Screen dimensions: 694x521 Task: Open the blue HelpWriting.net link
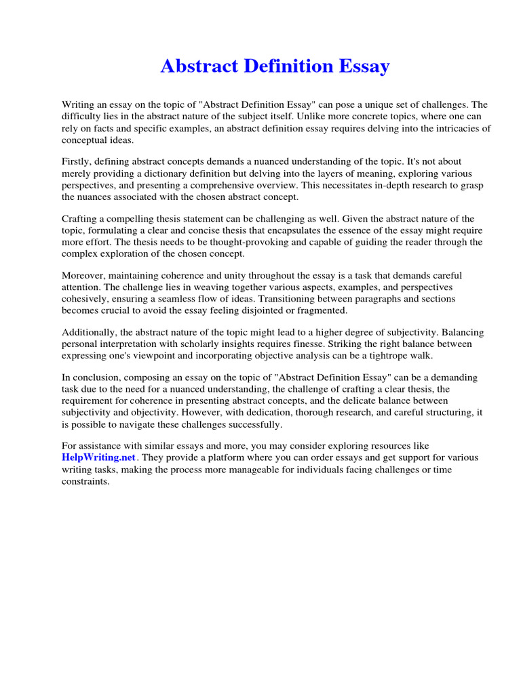97,457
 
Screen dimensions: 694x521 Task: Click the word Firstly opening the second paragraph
76,163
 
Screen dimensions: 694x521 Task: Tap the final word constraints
85,481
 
